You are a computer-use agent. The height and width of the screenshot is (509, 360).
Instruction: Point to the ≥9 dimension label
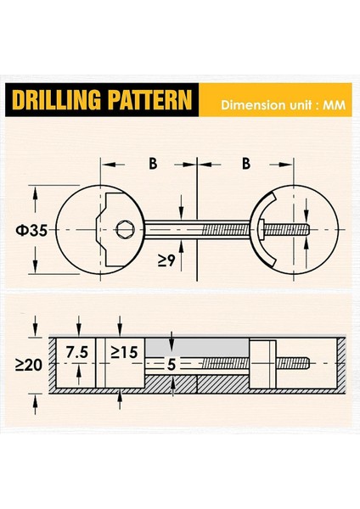coord(167,260)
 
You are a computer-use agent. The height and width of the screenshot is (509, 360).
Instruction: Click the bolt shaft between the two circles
coord(195,228)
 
